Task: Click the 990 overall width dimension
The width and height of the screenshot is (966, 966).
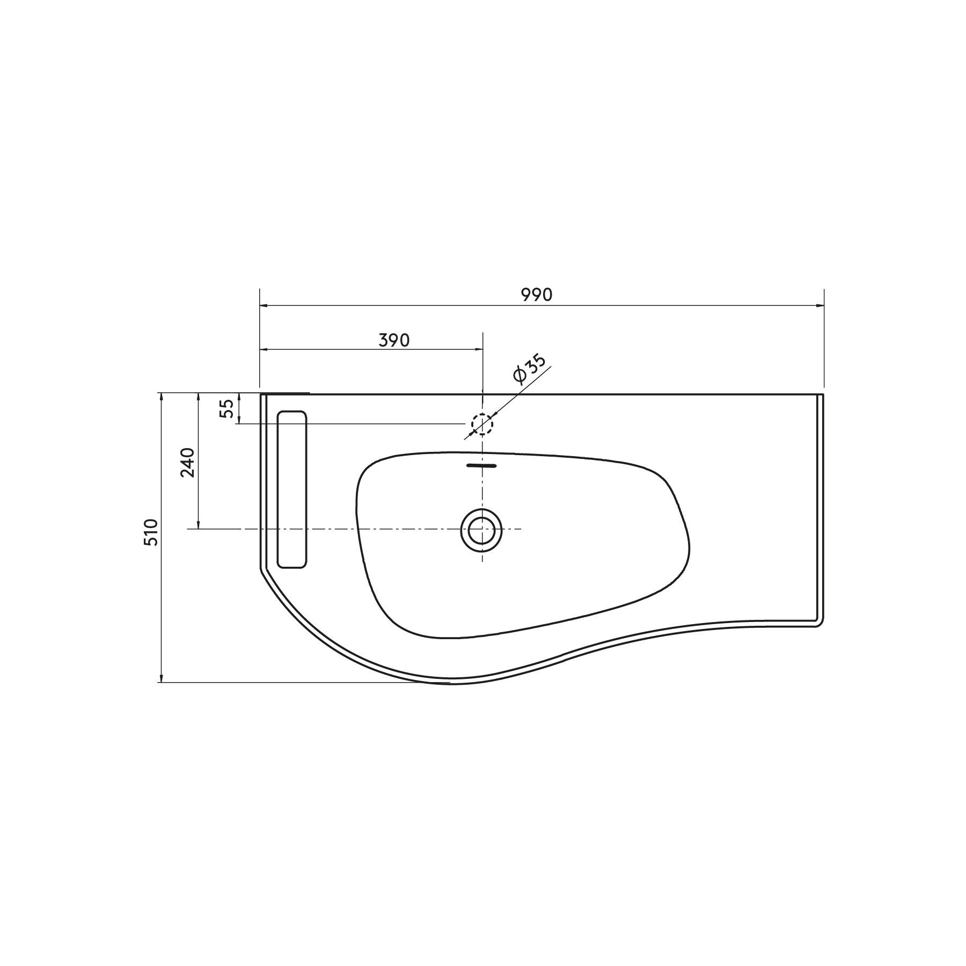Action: point(536,295)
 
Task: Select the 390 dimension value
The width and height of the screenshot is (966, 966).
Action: point(394,340)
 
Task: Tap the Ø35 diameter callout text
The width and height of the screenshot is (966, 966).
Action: point(529,369)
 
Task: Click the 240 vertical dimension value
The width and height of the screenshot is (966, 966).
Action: point(187,462)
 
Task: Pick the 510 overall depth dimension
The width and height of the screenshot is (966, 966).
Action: point(152,532)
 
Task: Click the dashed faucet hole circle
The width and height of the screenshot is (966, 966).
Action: point(482,424)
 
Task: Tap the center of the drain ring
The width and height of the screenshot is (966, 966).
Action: point(481,530)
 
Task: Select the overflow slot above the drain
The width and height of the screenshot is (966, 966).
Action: point(482,465)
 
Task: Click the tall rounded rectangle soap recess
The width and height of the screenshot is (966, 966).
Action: point(291,489)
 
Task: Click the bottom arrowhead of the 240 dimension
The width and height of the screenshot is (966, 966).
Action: point(199,525)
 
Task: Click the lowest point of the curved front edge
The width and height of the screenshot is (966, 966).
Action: point(453,683)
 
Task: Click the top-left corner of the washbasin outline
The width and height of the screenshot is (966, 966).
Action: point(262,395)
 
